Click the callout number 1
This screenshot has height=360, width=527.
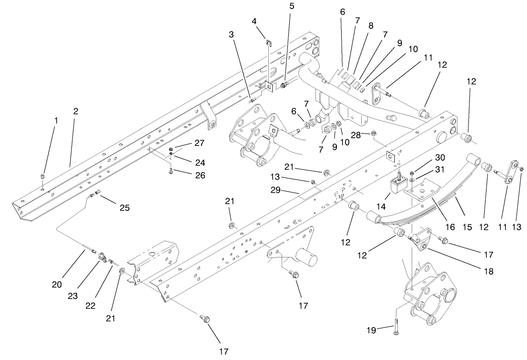(56, 121)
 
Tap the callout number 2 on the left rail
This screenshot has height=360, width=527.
(76, 111)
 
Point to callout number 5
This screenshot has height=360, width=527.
(292, 7)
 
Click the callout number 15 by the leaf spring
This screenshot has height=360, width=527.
(467, 227)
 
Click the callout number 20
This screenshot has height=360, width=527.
(57, 285)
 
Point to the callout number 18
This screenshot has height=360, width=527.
(487, 271)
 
